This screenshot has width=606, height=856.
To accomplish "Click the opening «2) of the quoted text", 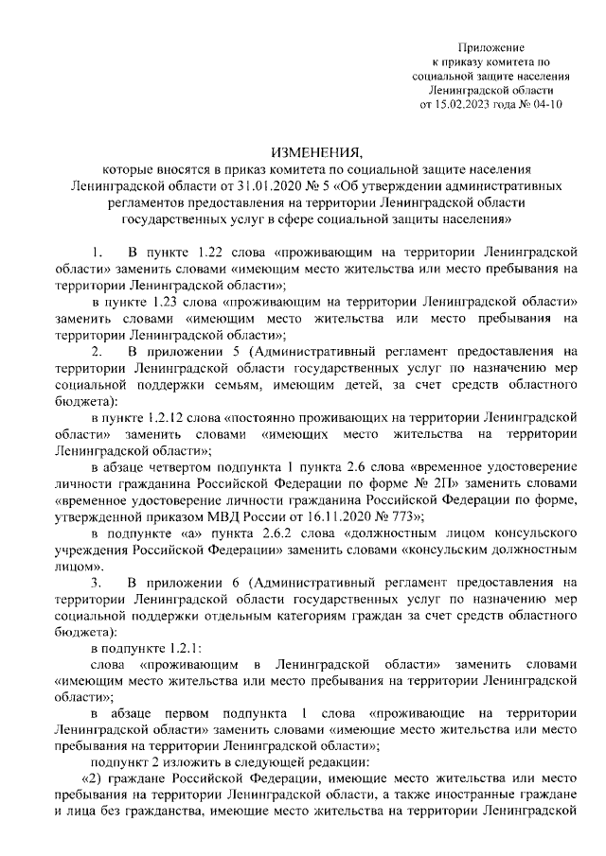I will point(92,776).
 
